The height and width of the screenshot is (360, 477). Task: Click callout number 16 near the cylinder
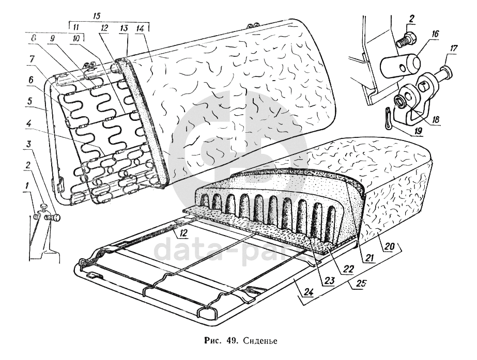[x=435, y=34]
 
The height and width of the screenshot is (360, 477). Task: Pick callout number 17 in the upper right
[x=453, y=49]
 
